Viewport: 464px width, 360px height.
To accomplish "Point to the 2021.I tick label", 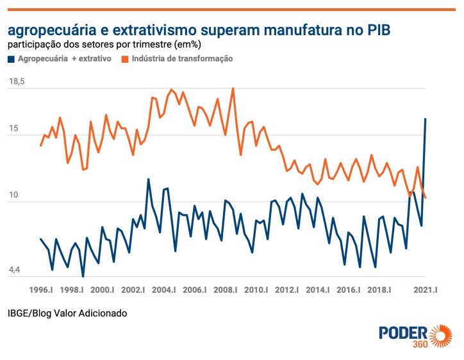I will coord(425,290).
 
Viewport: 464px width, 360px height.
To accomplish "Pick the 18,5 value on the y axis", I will coord(17,83).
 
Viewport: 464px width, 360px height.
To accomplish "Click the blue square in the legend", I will coord(11,59).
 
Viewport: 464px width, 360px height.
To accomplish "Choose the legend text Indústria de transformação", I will coord(182,59).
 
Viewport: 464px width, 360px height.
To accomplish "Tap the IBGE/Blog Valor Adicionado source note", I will coord(67,313).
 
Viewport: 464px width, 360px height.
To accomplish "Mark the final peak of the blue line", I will coord(426,119).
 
